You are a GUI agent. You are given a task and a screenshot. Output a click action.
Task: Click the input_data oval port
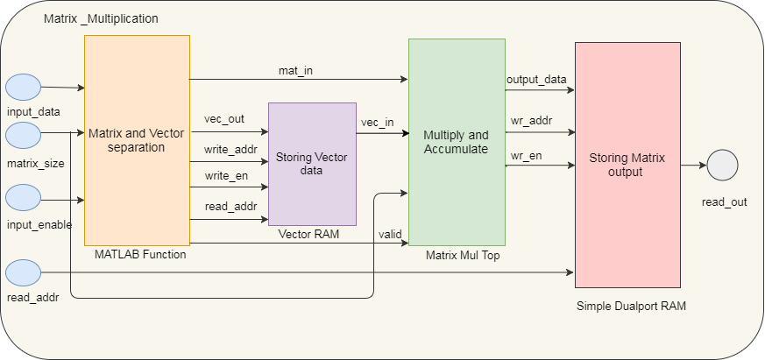(x=24, y=88)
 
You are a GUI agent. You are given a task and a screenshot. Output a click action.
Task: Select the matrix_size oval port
(x=24, y=136)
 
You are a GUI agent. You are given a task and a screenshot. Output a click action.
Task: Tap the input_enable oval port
(x=24, y=198)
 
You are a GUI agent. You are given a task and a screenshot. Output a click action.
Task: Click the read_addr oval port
(x=24, y=272)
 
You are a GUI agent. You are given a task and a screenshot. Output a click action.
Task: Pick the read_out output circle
(x=723, y=165)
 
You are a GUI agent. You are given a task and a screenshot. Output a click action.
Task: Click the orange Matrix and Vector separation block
(x=138, y=140)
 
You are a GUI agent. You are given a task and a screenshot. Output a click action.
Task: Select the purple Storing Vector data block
(x=312, y=164)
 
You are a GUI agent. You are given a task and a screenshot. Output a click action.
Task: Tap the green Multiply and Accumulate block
(x=456, y=142)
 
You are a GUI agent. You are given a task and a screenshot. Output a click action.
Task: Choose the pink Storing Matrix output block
(x=627, y=165)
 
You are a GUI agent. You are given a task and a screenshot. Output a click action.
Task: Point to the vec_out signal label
(x=224, y=120)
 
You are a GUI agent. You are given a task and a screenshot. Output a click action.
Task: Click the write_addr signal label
(x=230, y=149)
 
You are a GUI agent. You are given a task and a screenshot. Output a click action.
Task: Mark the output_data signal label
(x=536, y=80)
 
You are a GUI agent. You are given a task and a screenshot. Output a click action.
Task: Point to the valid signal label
(x=390, y=234)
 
